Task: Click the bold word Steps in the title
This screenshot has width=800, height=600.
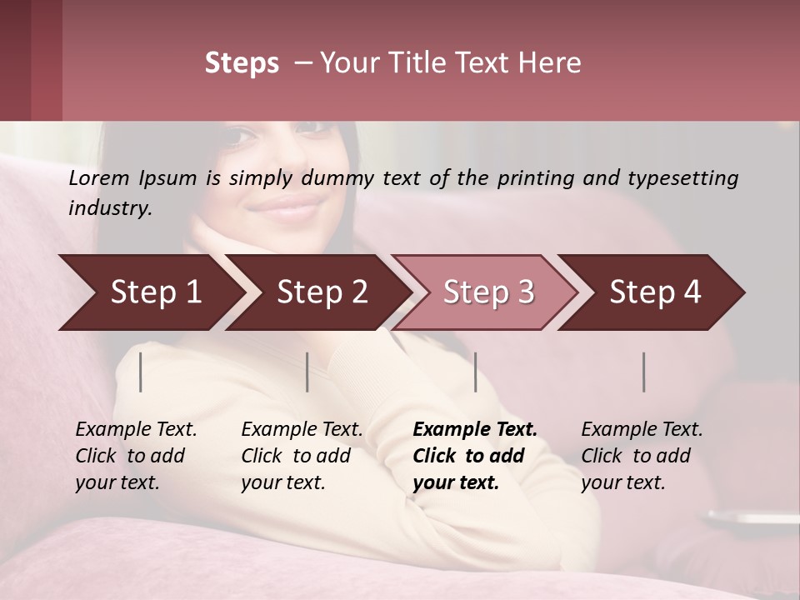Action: tap(242, 63)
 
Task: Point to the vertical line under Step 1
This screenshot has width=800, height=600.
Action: tap(141, 372)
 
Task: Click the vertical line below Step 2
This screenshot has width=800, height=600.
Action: tap(307, 372)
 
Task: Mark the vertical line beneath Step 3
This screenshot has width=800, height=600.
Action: tap(475, 372)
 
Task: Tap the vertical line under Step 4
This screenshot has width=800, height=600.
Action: tap(644, 372)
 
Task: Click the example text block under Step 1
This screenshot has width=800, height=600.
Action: tap(136, 456)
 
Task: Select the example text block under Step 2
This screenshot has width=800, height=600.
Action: tap(302, 456)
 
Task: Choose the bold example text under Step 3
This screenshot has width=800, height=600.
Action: tap(475, 456)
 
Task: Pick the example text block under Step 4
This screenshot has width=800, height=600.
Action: tap(642, 456)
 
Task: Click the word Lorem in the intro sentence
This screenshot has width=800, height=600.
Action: tap(98, 178)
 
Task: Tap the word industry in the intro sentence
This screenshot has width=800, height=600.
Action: tap(110, 208)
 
